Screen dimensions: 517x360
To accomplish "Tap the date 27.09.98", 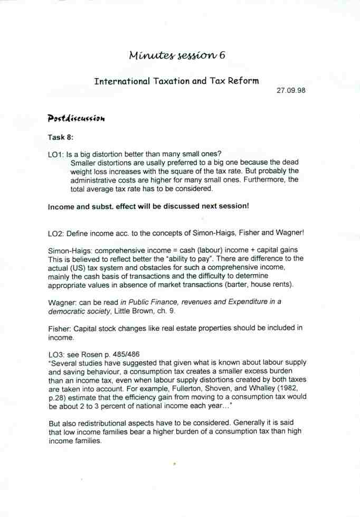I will (291, 90).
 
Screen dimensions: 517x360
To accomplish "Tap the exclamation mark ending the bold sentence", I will (248, 206).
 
